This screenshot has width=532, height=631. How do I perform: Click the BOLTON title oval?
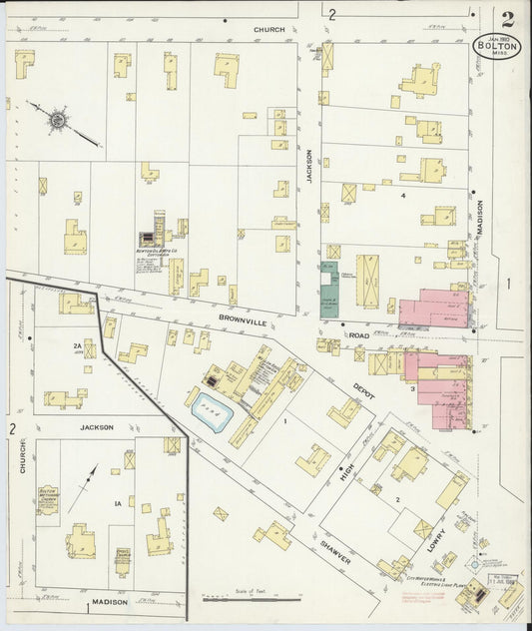tap(496, 46)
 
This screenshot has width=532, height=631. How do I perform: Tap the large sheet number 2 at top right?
tap(509, 18)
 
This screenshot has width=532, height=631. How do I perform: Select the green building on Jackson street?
tap(328, 290)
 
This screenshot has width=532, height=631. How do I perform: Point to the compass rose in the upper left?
tap(58, 121)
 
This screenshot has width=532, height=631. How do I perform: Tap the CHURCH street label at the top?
tap(268, 30)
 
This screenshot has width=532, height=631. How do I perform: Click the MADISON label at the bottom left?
tap(111, 602)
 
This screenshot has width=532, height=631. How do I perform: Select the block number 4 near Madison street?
tap(402, 196)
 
